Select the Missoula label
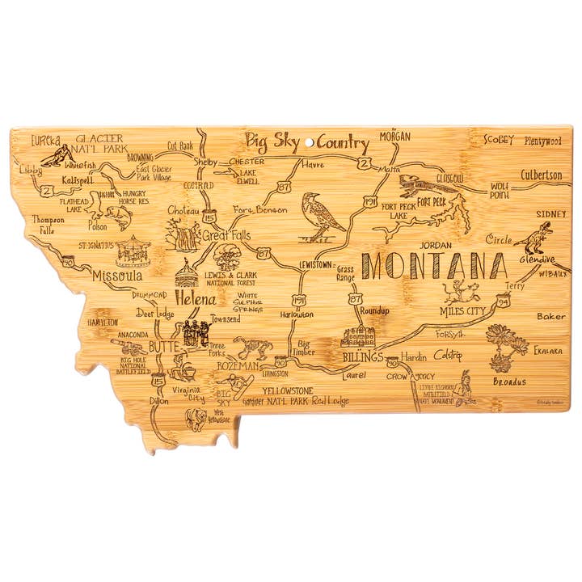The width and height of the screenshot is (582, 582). [118, 276]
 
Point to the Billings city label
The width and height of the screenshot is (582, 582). [361, 356]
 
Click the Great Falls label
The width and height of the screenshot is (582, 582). [226, 236]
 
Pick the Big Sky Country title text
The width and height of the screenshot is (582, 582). [307, 143]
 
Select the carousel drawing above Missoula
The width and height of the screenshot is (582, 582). [133, 251]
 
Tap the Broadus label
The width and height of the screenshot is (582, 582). [509, 382]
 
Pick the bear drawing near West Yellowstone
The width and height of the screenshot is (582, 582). [195, 417]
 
